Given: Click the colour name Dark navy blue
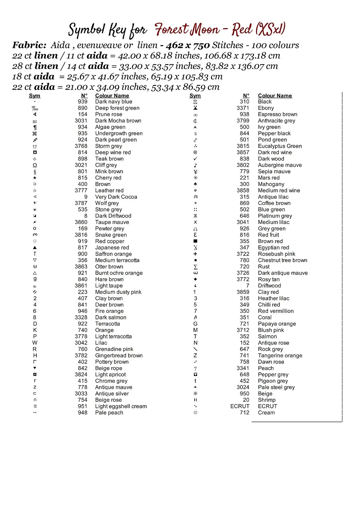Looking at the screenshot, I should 113,101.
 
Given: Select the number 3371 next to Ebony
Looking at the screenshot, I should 243,108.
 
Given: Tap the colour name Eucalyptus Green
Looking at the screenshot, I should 280,146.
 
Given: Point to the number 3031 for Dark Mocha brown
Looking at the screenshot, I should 81,120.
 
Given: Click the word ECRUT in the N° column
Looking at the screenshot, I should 240,406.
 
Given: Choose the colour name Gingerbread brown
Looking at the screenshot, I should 119,355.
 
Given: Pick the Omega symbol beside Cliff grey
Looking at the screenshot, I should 35,165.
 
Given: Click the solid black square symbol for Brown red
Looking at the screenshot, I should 195,241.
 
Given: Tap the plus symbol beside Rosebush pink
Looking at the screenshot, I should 195,254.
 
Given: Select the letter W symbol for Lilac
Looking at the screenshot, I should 35,343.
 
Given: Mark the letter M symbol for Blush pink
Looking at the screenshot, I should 195,330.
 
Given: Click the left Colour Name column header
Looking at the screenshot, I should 112,96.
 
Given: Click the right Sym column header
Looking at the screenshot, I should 195,96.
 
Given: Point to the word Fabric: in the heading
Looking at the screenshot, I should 29,45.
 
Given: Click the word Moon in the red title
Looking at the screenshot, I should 204,30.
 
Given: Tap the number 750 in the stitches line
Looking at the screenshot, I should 201,45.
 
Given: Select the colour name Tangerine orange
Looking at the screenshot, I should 280,355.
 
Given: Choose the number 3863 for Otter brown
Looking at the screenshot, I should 81,266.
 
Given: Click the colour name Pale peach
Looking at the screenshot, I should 109,413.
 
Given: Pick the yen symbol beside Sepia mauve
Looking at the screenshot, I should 195,171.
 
